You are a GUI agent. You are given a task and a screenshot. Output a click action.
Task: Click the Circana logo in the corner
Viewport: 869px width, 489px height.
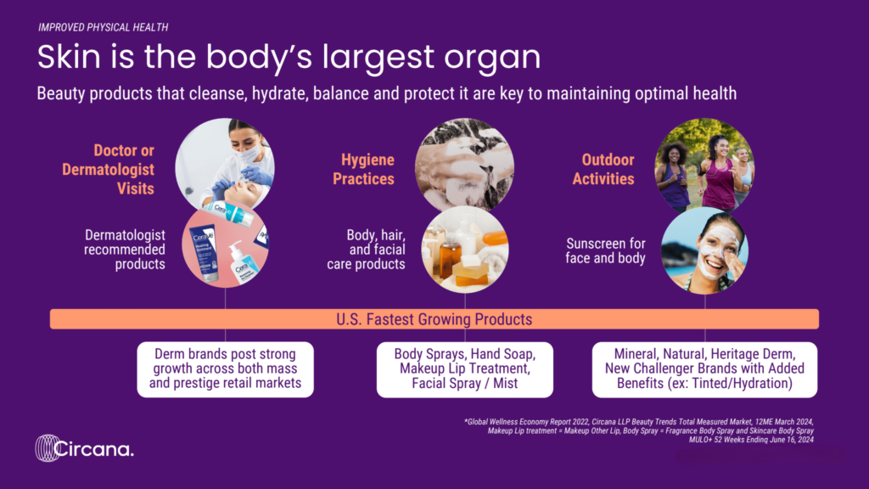tap(84, 448)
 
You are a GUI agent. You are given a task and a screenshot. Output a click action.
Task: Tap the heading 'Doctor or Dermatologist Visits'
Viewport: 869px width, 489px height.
tap(108, 170)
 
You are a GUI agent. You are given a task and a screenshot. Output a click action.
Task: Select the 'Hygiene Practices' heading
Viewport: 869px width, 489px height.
tap(363, 169)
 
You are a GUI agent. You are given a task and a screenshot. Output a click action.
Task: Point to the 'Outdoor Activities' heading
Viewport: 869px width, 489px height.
tap(603, 169)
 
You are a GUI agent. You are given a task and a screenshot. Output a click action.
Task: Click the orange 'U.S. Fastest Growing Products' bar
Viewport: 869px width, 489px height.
tap(434, 319)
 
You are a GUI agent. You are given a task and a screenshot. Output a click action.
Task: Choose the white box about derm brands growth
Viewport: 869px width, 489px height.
tap(226, 369)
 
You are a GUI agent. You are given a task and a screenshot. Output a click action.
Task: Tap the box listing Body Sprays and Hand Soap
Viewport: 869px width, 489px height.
tap(465, 369)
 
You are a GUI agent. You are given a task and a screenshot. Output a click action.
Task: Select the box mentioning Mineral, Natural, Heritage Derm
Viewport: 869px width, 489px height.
tap(704, 369)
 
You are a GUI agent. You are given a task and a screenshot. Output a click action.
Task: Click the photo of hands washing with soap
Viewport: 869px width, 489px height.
tap(464, 166)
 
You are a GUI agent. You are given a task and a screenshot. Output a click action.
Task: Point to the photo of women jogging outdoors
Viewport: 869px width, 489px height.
tap(704, 166)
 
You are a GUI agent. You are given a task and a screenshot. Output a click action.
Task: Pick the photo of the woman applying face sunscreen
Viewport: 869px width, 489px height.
tap(705, 250)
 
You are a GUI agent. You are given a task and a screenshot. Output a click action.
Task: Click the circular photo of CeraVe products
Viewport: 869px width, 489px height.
tap(226, 247)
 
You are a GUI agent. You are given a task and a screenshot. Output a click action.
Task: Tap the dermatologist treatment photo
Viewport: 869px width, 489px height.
tap(225, 164)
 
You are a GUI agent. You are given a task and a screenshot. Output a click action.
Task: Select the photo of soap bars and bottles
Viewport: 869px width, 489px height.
tap(465, 250)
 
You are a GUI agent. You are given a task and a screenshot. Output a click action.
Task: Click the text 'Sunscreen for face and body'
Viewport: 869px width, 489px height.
tap(605, 250)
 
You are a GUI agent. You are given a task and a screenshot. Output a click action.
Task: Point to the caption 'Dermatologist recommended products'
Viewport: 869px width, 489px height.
tap(125, 250)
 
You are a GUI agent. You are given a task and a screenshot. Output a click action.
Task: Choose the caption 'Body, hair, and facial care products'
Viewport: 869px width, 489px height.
tap(367, 250)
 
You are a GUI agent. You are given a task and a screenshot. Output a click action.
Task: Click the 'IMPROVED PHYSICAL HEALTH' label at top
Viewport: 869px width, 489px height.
tap(103, 27)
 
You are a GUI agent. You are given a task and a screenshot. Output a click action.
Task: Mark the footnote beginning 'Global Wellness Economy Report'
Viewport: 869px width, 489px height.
tap(639, 430)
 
